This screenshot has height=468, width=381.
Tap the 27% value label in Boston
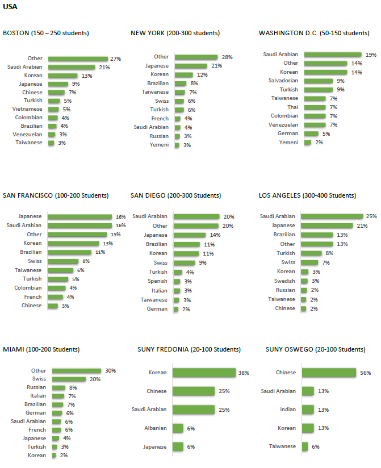click(116, 58)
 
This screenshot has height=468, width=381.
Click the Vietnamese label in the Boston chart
click(30, 109)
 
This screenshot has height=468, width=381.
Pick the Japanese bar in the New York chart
click(191, 66)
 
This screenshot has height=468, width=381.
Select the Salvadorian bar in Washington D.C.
click(318, 81)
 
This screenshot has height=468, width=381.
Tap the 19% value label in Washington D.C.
click(371, 55)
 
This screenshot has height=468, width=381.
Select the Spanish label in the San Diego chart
click(157, 281)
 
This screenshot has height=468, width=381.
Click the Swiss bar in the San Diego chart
click(184, 263)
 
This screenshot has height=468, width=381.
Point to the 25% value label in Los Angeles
click(371, 216)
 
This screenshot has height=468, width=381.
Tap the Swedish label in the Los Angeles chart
click(285, 281)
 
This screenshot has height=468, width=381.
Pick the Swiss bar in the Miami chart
click(69, 379)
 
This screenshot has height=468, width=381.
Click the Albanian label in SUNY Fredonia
click(156, 428)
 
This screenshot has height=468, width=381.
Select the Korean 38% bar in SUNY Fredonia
click(204, 373)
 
